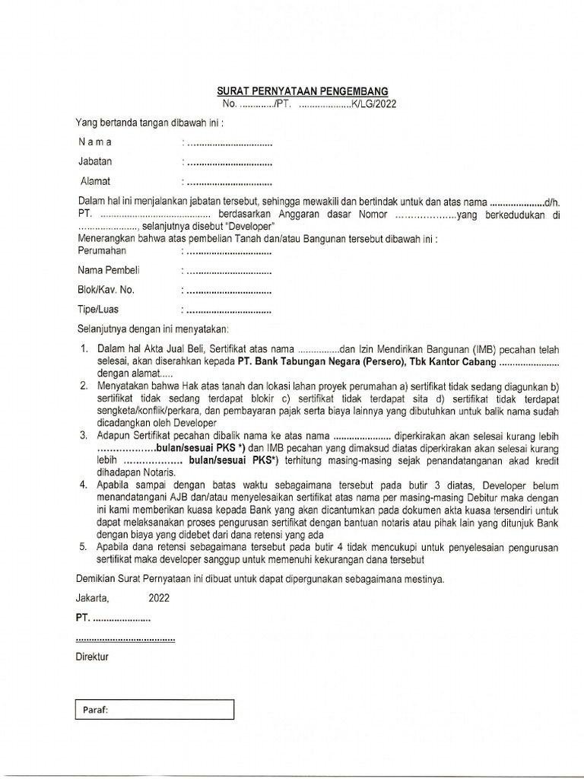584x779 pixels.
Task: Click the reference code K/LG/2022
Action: (x=373, y=104)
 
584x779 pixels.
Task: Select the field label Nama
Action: (x=95, y=142)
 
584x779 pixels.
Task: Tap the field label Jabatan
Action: (x=95, y=161)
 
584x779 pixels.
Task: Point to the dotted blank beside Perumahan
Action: (x=229, y=251)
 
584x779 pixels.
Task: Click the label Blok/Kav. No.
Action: (x=106, y=290)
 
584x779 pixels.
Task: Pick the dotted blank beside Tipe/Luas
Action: (x=229, y=310)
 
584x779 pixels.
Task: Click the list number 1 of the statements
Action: (x=84, y=349)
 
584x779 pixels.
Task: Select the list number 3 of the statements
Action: (x=84, y=436)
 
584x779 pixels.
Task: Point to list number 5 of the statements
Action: (x=84, y=547)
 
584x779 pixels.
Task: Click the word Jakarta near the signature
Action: (x=92, y=598)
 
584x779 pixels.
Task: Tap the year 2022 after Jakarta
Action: (x=159, y=598)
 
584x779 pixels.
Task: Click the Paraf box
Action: (x=154, y=710)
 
